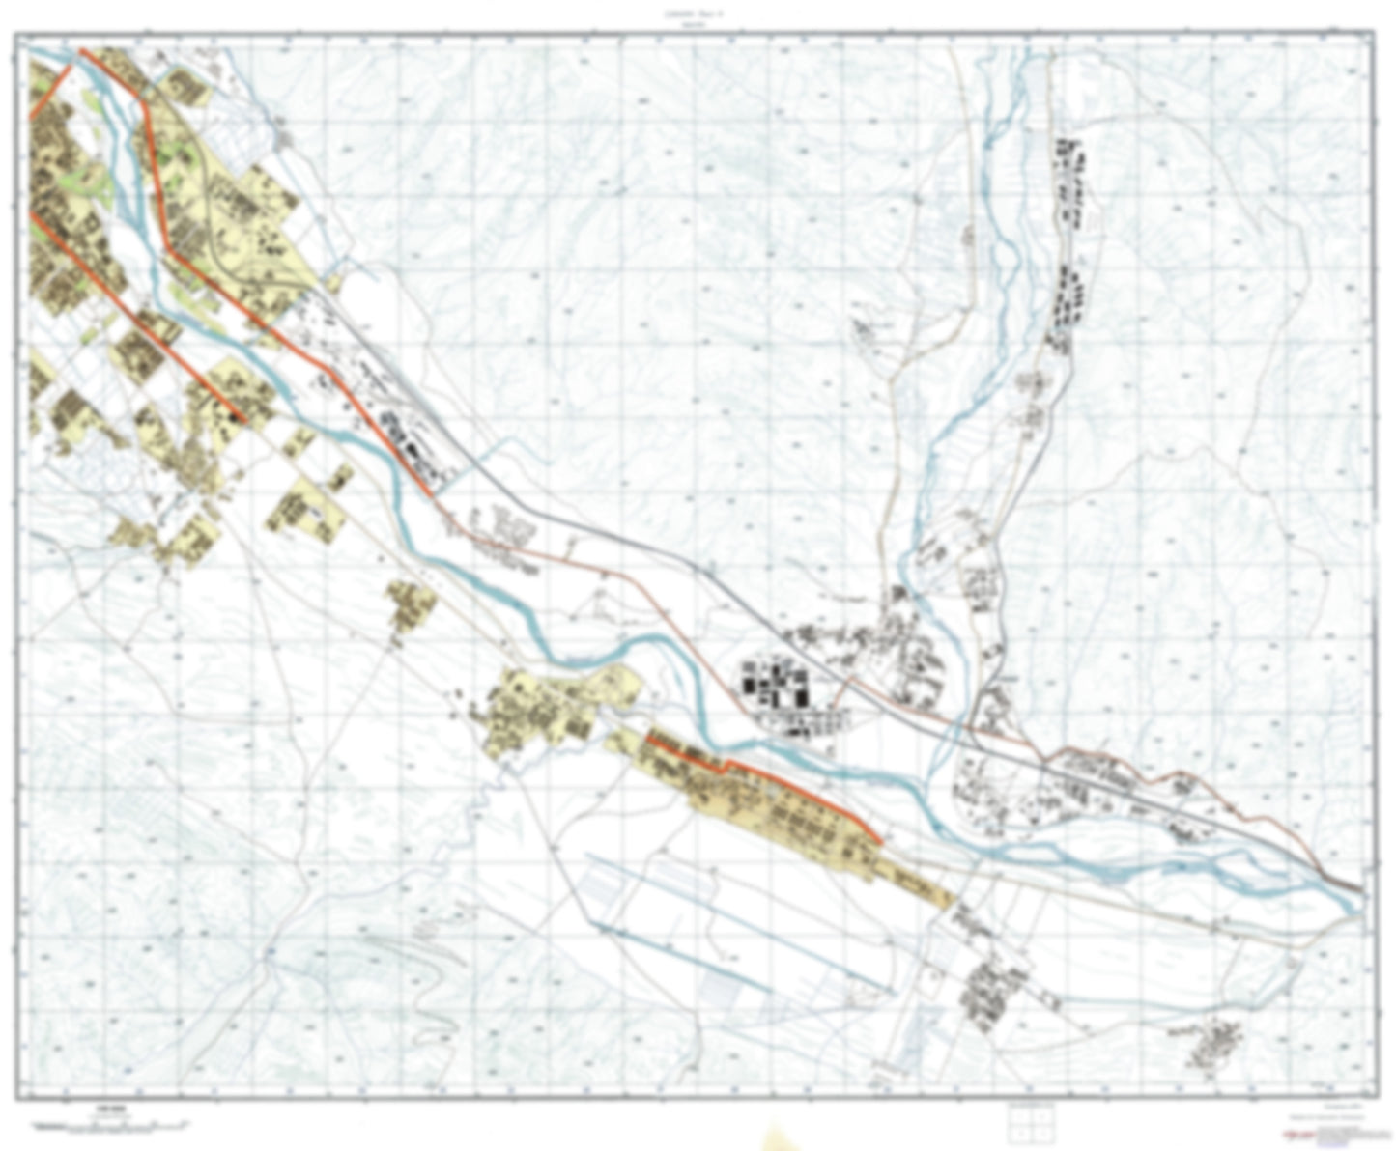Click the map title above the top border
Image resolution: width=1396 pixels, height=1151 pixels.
(698, 13)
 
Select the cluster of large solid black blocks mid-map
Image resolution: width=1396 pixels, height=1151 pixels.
(773, 682)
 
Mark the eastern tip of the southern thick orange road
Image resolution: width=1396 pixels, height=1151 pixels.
(880, 841)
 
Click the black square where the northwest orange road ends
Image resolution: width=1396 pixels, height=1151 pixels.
(239, 417)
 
